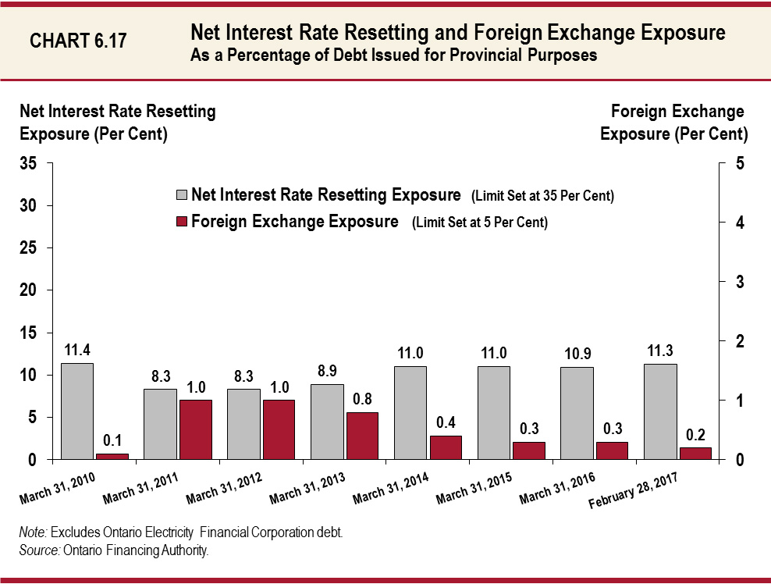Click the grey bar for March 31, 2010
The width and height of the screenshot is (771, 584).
(x=76, y=411)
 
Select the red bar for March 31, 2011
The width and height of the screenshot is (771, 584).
(x=196, y=429)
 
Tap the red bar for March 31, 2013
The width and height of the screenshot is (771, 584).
(x=362, y=436)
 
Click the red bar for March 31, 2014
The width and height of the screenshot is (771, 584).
(x=446, y=447)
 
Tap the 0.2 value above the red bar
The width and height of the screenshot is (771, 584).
(x=696, y=433)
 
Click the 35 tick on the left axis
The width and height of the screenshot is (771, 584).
(x=29, y=164)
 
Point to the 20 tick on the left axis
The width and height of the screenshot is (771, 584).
(x=29, y=290)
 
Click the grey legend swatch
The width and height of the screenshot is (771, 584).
(x=181, y=195)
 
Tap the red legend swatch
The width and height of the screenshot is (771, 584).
(x=181, y=222)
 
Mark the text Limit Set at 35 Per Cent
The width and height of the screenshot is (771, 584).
(x=542, y=196)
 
